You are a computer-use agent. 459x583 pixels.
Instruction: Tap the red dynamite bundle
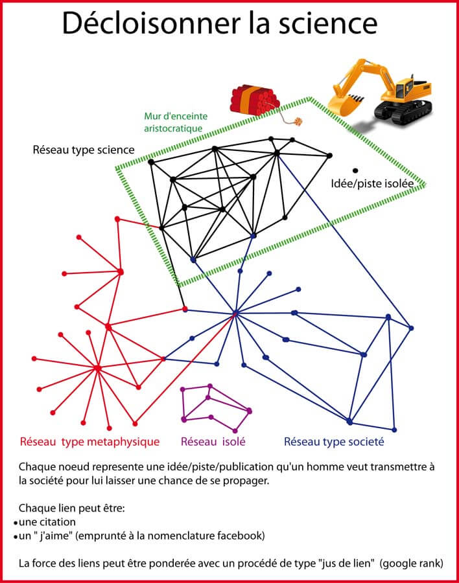255,99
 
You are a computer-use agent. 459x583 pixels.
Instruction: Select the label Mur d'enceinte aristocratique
177,122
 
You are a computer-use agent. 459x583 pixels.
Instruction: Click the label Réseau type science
84,150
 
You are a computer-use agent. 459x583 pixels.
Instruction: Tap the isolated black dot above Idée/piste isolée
355,170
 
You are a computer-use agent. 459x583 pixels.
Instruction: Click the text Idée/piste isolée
372,183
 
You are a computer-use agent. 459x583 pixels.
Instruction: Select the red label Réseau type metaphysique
89,442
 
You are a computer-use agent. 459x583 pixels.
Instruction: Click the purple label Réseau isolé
213,442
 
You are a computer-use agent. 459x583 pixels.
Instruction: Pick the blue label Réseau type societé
334,442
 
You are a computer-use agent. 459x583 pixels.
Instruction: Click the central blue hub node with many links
235,314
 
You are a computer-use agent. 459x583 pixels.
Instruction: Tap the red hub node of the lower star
97,368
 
